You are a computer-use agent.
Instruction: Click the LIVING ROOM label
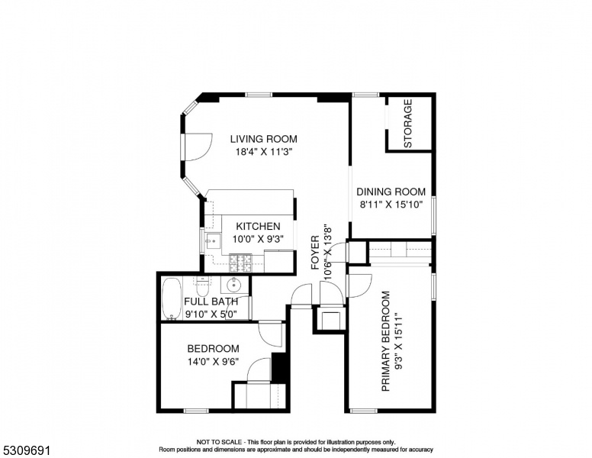click(263, 139)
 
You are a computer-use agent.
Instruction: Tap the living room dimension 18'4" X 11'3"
click(264, 152)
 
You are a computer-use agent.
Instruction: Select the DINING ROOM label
click(391, 192)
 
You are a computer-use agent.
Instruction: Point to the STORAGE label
click(407, 123)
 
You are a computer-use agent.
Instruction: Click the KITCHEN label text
click(259, 227)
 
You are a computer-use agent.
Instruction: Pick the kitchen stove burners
click(241, 263)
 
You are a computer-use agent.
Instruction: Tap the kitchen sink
click(213, 240)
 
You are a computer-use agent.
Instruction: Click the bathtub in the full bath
click(172, 299)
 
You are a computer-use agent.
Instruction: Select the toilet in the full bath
click(203, 287)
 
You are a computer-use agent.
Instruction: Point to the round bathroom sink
click(234, 285)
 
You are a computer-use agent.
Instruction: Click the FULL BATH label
click(211, 302)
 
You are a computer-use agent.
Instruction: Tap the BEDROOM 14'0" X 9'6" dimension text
click(214, 362)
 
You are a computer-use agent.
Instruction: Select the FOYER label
click(315, 253)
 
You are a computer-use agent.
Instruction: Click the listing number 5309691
click(27, 450)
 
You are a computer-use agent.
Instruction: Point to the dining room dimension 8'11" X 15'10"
click(391, 205)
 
